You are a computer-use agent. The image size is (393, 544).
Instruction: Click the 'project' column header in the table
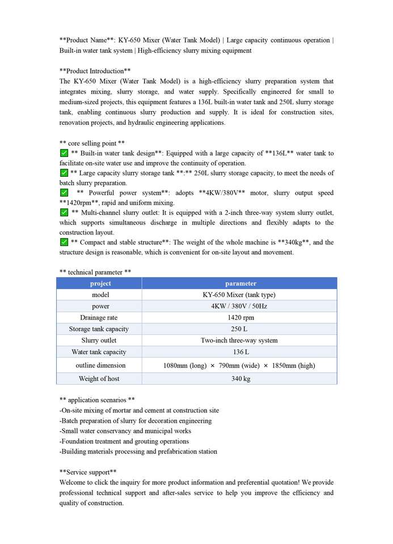[x=100, y=283]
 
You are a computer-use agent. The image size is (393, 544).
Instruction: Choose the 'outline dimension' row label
[x=100, y=365]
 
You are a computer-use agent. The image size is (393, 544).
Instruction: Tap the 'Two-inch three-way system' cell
[x=239, y=341]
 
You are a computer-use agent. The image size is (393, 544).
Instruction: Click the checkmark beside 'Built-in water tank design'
[x=64, y=153]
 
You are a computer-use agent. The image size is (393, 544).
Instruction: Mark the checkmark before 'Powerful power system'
[x=64, y=193]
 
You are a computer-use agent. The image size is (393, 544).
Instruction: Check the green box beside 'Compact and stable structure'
[x=64, y=242]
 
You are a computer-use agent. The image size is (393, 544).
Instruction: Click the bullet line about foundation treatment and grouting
[x=124, y=441]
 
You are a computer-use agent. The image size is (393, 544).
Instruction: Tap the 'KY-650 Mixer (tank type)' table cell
[x=239, y=295]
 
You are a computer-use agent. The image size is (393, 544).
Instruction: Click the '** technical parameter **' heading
[x=95, y=272]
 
